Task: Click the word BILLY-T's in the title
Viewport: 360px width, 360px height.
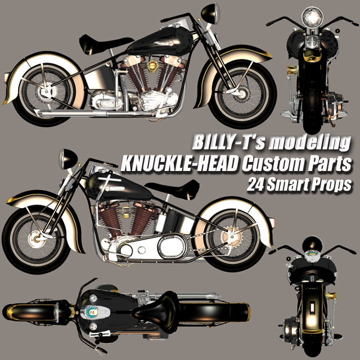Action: pos(228,142)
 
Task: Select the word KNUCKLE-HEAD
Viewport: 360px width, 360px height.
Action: pos(179,164)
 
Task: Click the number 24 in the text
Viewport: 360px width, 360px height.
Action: pos(255,184)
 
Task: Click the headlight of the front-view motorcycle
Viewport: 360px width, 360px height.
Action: pos(312,17)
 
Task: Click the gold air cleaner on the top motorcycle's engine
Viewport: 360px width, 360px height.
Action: pos(152,66)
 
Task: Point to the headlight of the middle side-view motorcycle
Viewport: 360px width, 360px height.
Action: pos(67,159)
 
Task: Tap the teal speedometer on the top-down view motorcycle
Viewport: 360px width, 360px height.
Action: pos(92,312)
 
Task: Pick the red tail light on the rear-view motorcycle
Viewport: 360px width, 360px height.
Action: pos(312,308)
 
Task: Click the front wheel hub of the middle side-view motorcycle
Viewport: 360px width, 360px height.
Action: pos(36,239)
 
